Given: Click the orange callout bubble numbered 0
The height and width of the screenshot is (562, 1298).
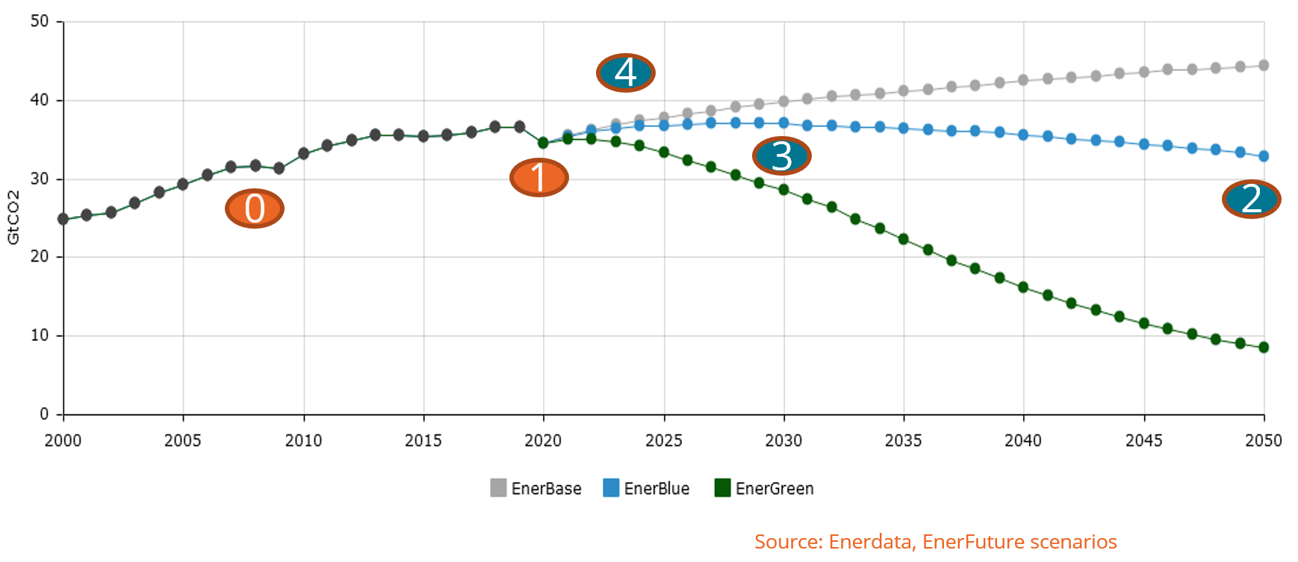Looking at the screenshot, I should point(255,209).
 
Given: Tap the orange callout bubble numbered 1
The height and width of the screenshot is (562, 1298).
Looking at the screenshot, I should point(539,178).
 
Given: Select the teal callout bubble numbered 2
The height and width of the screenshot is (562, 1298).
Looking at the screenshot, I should point(1251,199).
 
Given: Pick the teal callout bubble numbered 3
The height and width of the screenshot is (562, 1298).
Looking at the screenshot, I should point(781,156).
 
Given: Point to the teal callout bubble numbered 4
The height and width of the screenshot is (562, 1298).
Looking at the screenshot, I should point(625,72).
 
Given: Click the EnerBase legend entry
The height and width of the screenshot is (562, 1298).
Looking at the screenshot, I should point(536,488).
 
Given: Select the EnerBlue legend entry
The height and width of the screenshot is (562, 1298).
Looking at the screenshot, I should point(647,488).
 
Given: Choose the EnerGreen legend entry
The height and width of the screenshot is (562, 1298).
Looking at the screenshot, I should point(764,488).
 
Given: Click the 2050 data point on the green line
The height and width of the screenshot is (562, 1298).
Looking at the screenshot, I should point(1264,347).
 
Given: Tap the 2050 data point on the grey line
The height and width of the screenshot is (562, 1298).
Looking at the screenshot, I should point(1264,66).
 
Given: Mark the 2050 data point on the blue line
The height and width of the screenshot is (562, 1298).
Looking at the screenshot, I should point(1264,156).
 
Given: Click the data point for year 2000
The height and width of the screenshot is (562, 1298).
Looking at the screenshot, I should point(63,219).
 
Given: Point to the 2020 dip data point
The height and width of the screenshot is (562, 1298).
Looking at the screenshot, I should point(543,143).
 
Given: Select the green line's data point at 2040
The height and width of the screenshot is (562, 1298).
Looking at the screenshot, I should point(1023,287).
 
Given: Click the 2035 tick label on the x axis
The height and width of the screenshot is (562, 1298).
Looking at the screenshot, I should point(904,440).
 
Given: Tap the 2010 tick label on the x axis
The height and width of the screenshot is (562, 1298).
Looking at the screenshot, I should point(303,440).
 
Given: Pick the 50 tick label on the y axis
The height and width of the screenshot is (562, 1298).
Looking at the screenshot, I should point(40,21).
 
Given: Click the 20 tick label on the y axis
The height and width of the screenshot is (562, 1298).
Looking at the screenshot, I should point(40,256).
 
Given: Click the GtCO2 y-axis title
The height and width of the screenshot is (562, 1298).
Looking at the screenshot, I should point(13,217).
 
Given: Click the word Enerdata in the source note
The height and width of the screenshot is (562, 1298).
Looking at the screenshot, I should point(871,542).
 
